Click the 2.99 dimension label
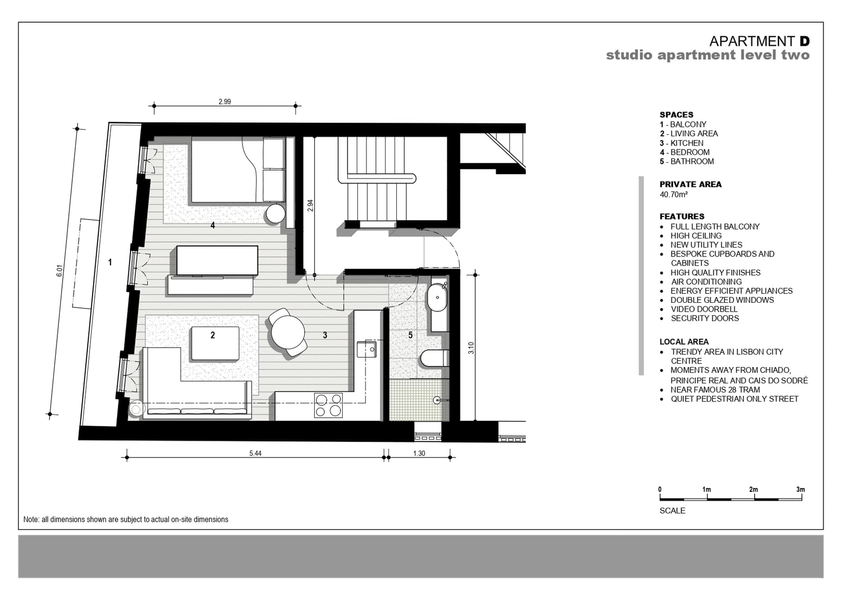pos(224,102)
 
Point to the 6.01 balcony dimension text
pos(59,271)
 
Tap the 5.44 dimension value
pos(255,453)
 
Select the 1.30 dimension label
pos(419,453)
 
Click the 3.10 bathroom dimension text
pos(471,348)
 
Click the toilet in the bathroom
pos(435,358)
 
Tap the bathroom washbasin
pos(437,297)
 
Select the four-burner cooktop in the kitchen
pos(328,405)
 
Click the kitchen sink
pos(366,349)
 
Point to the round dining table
pos(288,332)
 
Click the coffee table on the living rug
pos(215,344)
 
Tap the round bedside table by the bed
pos(276,214)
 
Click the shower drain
pos(437,400)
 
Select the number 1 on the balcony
pos(110,262)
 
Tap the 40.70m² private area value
pos(674,194)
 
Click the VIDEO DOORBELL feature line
pos(704,309)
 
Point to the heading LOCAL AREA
pos(684,342)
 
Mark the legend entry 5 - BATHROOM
pos(687,161)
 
